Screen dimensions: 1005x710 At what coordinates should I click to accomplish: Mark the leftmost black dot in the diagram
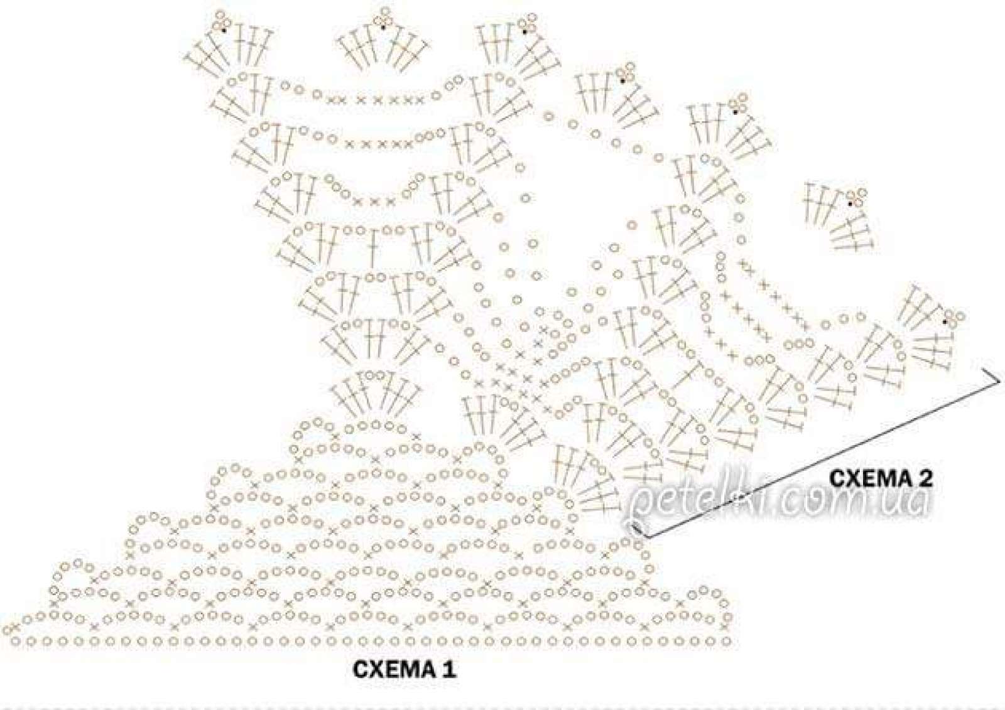(223, 30)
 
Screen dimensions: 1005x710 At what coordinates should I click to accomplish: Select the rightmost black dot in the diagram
(945, 321)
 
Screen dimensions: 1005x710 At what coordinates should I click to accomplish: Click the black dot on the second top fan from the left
(383, 28)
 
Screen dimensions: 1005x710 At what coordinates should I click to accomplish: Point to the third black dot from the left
(524, 31)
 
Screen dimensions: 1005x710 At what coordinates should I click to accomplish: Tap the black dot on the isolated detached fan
(850, 203)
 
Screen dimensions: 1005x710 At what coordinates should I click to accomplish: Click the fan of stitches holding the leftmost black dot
(229, 50)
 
